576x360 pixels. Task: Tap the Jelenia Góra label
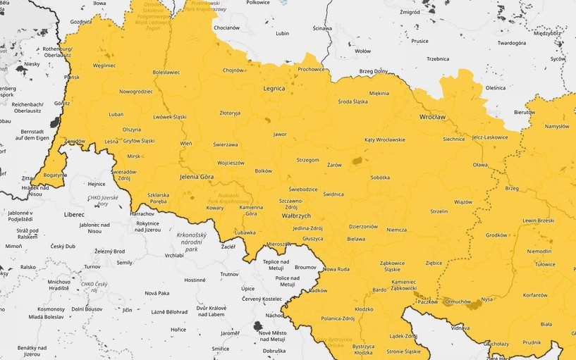(197, 176)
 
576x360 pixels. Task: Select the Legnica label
(274, 89)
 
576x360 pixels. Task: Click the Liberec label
(73, 213)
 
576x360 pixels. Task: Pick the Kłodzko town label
(364, 309)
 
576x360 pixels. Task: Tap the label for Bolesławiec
(166, 72)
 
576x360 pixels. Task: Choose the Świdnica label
(333, 194)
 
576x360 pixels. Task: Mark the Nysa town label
(486, 299)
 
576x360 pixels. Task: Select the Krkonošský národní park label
(192, 241)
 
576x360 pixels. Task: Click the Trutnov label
(229, 274)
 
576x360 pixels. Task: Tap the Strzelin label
(439, 211)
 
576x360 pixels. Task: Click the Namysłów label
(556, 126)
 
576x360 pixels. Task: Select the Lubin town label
(283, 33)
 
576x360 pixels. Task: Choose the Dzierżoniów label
(364, 226)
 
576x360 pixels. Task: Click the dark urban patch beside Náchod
(257, 325)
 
